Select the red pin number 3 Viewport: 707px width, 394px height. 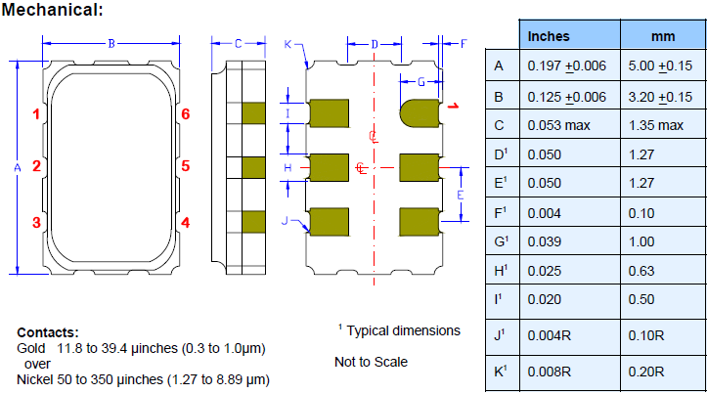(x=36, y=222)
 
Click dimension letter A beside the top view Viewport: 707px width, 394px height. (x=18, y=168)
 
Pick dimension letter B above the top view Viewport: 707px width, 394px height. (x=111, y=43)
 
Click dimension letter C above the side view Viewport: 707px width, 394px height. (x=238, y=43)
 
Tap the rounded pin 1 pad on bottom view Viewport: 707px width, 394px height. (x=419, y=112)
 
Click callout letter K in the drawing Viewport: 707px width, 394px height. (x=287, y=44)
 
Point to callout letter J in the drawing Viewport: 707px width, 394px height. (x=285, y=221)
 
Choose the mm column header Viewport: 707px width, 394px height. (x=663, y=36)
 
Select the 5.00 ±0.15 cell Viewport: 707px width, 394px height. (x=663, y=66)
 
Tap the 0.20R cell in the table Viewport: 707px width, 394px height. (x=646, y=372)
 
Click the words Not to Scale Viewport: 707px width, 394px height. (x=371, y=362)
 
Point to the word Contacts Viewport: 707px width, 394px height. (x=47, y=332)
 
